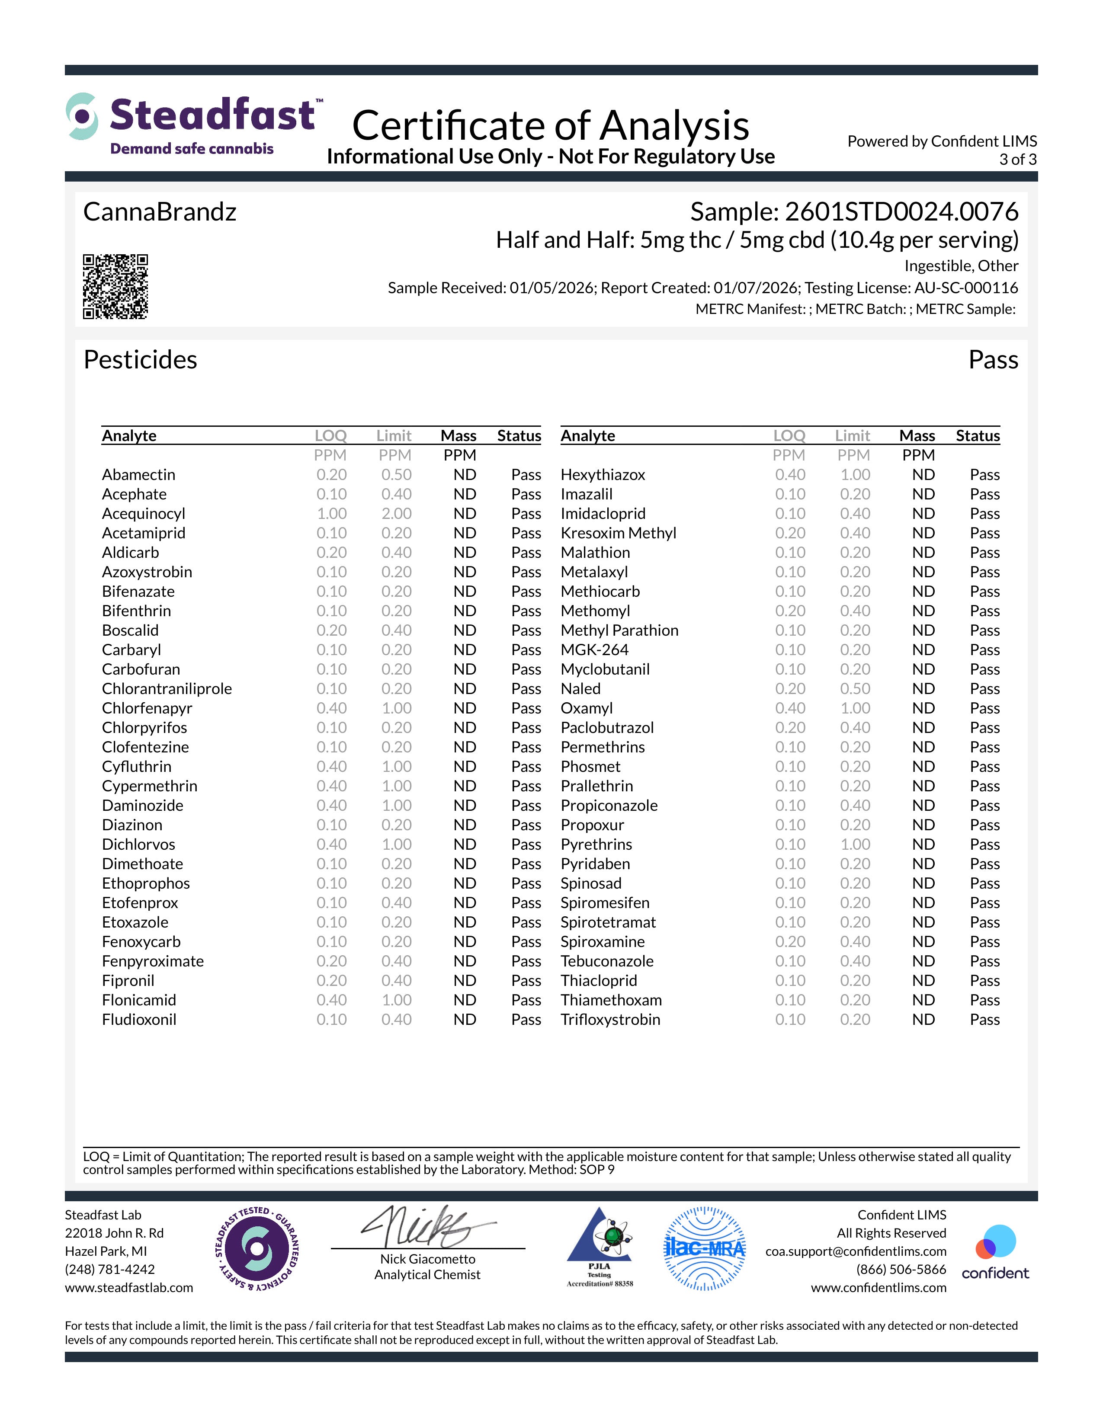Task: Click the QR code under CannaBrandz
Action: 115,286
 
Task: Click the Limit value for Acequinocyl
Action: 396,514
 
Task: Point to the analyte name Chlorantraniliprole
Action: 167,689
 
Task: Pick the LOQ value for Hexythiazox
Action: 790,475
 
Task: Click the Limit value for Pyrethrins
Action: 855,844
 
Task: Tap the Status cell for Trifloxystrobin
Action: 984,1019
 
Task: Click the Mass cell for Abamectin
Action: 465,475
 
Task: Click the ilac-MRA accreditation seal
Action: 704,1249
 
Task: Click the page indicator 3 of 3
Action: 1017,160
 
